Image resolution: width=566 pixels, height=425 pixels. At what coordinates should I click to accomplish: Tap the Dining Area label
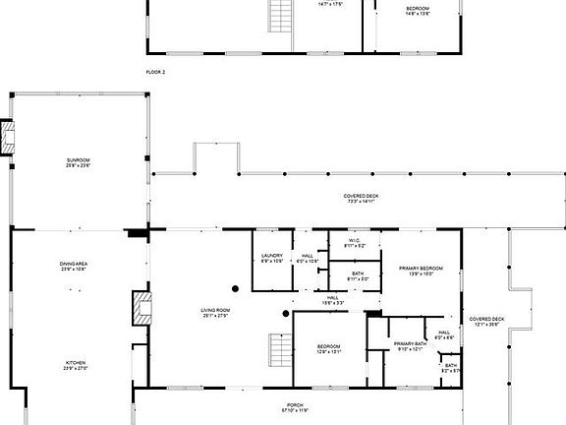(76, 265)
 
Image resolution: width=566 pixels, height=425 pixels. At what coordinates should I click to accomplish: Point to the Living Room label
(216, 313)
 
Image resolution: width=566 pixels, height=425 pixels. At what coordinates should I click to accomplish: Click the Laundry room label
(272, 259)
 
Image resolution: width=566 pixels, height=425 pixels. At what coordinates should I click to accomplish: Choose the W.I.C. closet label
(355, 243)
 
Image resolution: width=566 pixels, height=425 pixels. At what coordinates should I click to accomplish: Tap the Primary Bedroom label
(421, 271)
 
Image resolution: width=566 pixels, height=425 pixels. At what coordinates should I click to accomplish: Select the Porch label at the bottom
(297, 406)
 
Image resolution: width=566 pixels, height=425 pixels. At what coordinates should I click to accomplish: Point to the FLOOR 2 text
(155, 73)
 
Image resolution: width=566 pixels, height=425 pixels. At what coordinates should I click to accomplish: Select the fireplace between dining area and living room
(140, 308)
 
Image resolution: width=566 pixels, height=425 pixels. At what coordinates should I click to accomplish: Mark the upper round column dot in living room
(236, 288)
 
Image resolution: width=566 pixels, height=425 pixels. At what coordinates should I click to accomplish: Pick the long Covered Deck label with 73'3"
(361, 198)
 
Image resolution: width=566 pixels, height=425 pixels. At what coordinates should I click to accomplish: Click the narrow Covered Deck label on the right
(486, 321)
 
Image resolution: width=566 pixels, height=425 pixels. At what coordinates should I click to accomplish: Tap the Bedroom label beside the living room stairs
(328, 349)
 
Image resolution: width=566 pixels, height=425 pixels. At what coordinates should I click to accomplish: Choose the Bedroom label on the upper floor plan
(418, 11)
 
